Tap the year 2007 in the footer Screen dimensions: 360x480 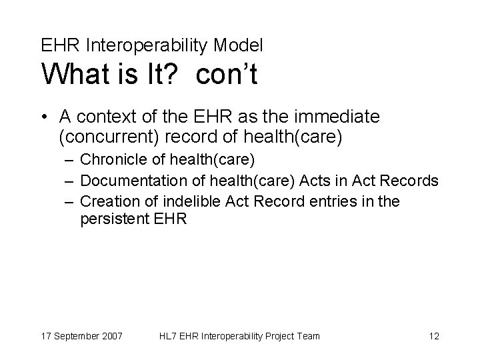tap(111, 336)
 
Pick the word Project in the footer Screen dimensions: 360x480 tap(276, 336)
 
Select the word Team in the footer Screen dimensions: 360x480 tap(308, 336)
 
